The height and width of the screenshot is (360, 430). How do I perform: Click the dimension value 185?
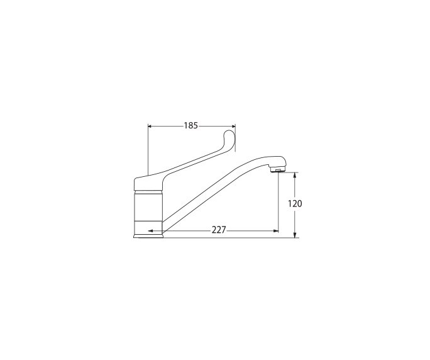click(x=191, y=125)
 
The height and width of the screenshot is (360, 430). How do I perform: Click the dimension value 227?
click(x=218, y=230)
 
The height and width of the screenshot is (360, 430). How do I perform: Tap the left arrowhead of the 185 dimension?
click(x=150, y=125)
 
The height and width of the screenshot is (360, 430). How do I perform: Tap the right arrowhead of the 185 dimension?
click(x=233, y=125)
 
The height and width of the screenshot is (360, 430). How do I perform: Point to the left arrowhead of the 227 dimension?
click(x=150, y=230)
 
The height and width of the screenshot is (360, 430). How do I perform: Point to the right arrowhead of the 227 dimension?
click(x=275, y=230)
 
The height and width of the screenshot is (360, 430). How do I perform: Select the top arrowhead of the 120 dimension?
click(x=295, y=176)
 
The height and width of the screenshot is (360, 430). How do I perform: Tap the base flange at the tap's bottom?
click(x=149, y=235)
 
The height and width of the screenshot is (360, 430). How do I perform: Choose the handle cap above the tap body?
click(x=149, y=183)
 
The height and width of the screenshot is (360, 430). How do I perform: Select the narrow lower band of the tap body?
click(x=149, y=227)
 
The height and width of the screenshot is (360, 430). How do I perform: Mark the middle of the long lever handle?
click(x=189, y=158)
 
